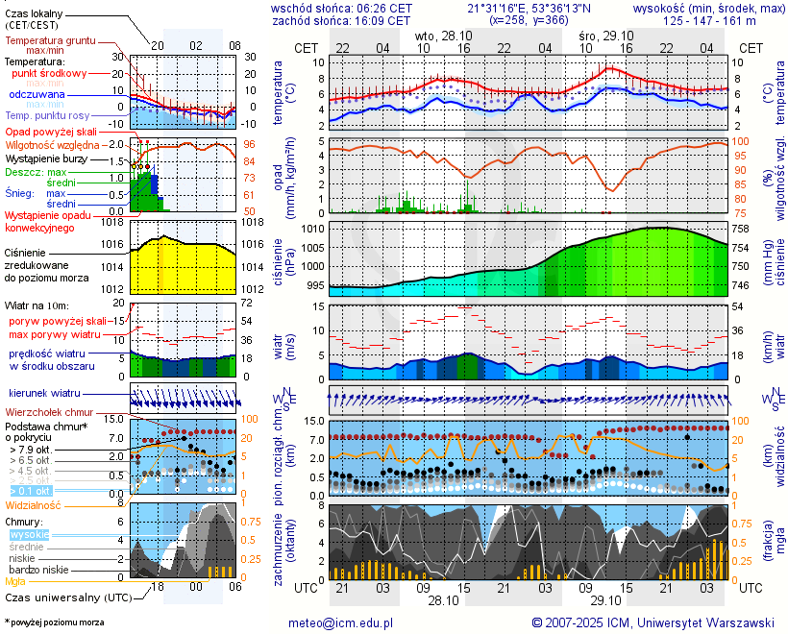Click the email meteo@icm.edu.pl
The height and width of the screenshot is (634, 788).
click(x=341, y=622)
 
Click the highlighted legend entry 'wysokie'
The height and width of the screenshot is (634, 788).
click(x=28, y=534)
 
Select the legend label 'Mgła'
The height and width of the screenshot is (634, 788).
click(x=15, y=581)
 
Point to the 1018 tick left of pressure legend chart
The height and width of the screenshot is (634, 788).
click(x=113, y=222)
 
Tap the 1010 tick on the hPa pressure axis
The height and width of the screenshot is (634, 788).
click(x=312, y=230)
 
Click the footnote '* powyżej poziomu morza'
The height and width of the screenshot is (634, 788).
click(x=54, y=622)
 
